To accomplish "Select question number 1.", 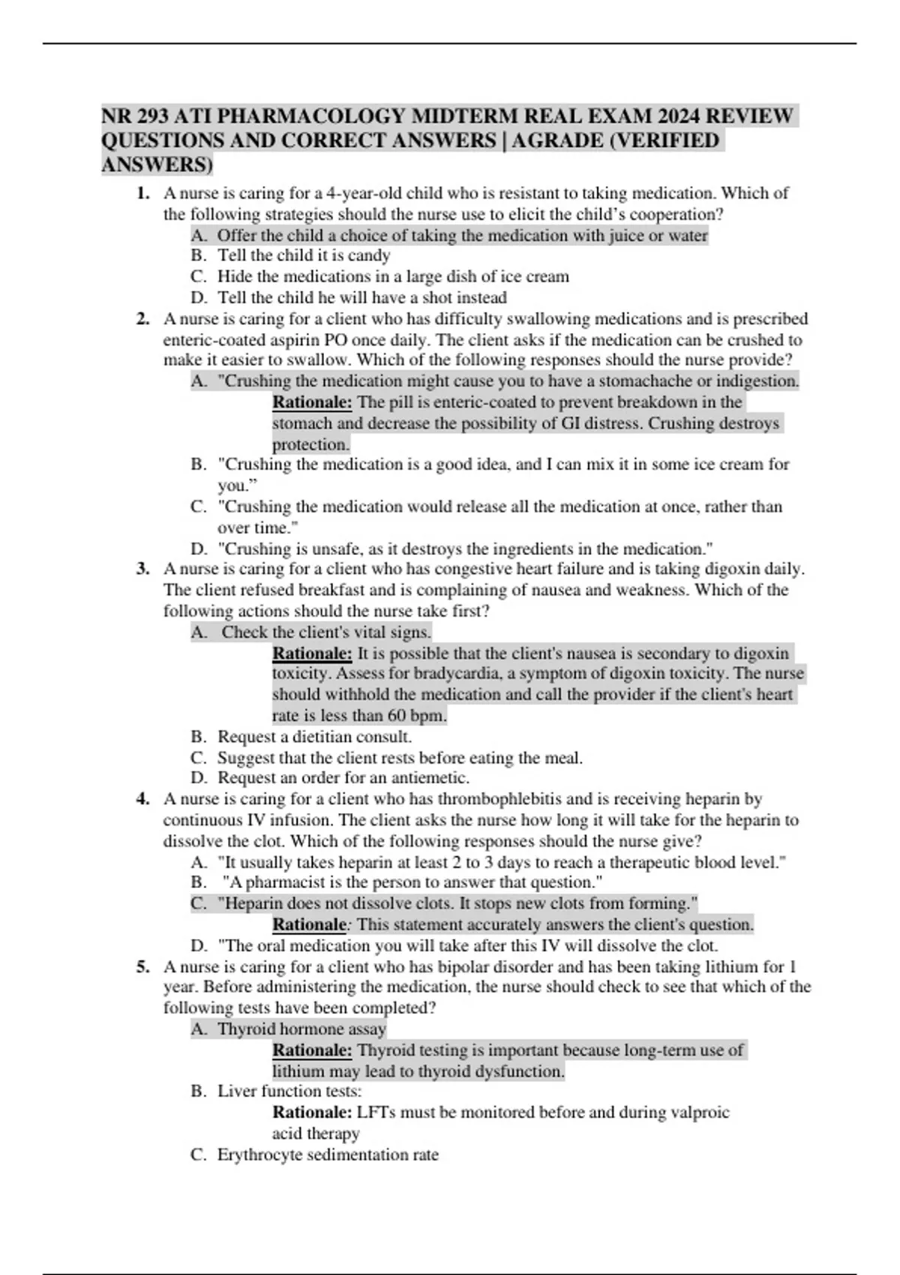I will click(142, 193).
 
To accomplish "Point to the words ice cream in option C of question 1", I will click(534, 277).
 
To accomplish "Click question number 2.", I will click(142, 319).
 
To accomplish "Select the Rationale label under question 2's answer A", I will click(312, 403).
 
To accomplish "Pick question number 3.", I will click(142, 569).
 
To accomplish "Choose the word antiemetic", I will click(430, 778).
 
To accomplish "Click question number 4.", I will click(142, 799).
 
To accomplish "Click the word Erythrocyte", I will click(256, 1155).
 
